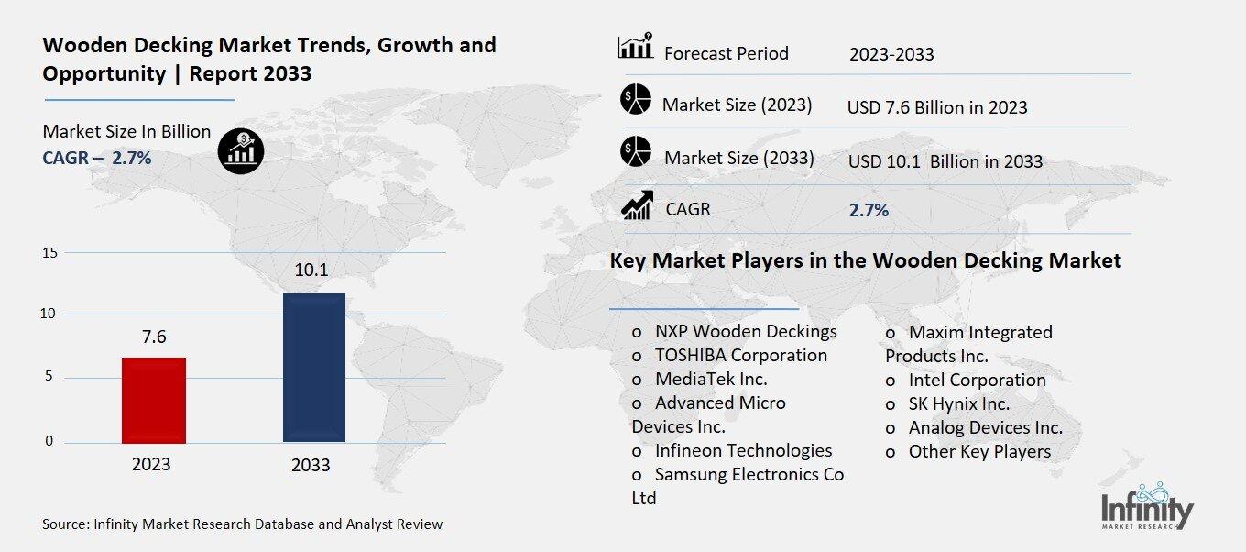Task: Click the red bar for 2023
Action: click(154, 400)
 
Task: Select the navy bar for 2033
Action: click(313, 368)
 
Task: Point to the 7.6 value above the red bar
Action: click(154, 337)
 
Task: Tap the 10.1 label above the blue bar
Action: click(311, 270)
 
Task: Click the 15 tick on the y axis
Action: click(49, 252)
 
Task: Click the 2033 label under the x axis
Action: click(311, 465)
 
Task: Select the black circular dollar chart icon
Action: click(241, 149)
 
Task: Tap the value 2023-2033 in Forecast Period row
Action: click(891, 54)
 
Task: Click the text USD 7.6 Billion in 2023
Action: click(936, 107)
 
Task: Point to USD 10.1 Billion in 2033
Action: click(945, 161)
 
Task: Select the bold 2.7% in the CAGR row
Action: click(869, 210)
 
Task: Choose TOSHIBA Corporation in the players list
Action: click(740, 355)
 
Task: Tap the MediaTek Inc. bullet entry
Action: click(710, 379)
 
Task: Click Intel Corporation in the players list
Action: click(976, 380)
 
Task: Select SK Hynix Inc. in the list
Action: click(958, 403)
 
